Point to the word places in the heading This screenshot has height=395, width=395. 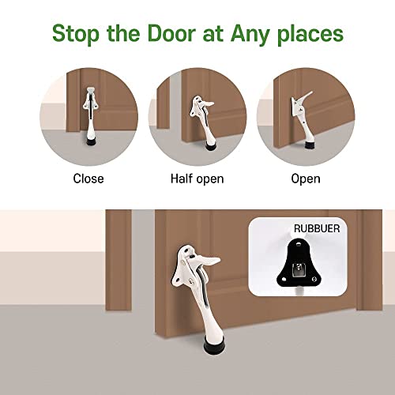(x=313, y=35)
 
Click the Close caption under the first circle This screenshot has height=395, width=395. (x=88, y=179)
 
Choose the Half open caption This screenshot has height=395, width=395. (x=197, y=179)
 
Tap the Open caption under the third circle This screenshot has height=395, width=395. (x=306, y=179)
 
